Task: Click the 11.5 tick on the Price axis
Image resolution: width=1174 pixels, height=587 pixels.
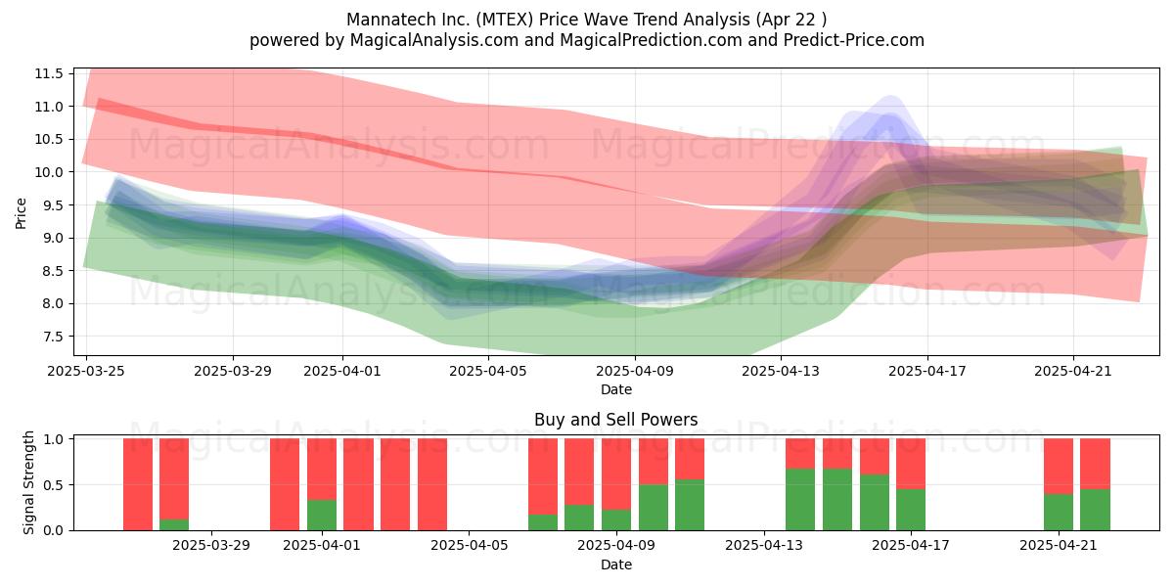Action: coord(49,73)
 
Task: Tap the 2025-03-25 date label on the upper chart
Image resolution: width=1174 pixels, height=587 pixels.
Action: coord(86,371)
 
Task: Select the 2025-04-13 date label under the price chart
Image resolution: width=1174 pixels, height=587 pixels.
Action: coord(781,371)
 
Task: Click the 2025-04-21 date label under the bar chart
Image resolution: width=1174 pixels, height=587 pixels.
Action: coord(1059,545)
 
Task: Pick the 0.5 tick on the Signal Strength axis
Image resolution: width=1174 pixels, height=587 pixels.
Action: coord(53,485)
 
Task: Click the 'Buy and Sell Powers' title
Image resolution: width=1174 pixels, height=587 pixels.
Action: coord(615,420)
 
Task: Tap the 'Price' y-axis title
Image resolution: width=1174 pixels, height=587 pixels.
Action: coord(21,213)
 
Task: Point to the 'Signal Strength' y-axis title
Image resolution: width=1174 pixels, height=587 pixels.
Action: coord(28,482)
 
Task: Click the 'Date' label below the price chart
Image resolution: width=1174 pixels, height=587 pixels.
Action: coord(615,389)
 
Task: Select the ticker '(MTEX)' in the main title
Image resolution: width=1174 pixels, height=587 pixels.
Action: coord(505,20)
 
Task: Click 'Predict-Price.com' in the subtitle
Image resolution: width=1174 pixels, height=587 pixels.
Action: coord(854,40)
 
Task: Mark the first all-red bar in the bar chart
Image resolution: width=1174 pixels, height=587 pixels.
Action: coord(138,484)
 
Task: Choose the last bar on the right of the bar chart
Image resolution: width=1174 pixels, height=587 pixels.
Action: coord(1096,484)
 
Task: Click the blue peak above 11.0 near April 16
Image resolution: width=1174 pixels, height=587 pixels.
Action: coord(890,98)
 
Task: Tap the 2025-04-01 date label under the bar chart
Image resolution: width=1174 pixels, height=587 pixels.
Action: coord(322,545)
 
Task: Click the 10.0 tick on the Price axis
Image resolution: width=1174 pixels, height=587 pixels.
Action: coord(49,172)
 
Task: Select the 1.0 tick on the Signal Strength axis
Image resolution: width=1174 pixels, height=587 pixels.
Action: coord(53,438)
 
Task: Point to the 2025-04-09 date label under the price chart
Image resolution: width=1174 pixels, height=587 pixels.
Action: coord(635,371)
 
